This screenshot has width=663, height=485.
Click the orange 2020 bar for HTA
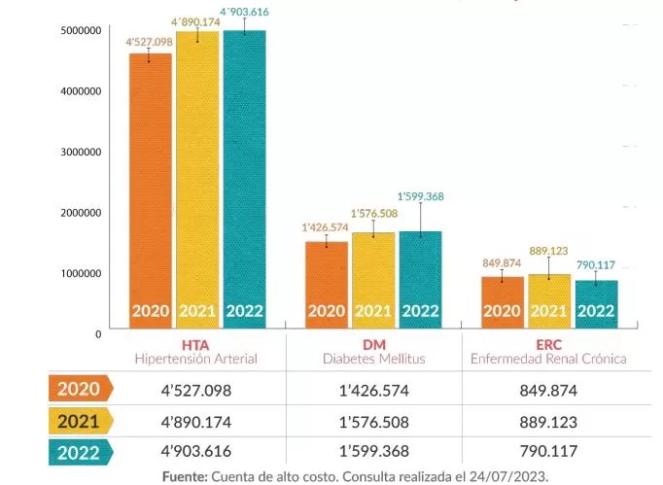click(x=151, y=191)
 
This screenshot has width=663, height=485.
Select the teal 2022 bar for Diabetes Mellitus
click(x=420, y=280)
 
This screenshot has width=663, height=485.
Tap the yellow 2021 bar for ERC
click(x=549, y=301)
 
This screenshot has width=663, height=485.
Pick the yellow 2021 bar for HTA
click(x=197, y=180)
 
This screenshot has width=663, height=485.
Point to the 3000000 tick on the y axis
click(x=81, y=153)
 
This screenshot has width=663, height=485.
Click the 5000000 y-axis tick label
click(x=81, y=30)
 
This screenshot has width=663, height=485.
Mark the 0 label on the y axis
click(x=98, y=334)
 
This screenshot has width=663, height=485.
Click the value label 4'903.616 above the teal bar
click(x=244, y=12)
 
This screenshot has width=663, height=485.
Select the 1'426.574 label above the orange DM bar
click(x=325, y=227)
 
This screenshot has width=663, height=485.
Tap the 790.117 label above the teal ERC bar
click(x=596, y=265)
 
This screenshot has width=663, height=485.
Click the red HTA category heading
click(x=195, y=345)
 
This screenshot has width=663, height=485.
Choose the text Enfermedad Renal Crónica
click(x=548, y=359)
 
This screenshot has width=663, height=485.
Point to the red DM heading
click(x=374, y=345)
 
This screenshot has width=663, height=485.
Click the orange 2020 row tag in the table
click(x=82, y=388)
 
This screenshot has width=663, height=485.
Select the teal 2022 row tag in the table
click(x=82, y=453)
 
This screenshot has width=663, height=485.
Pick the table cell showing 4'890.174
click(x=196, y=422)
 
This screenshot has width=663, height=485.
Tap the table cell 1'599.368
click(x=374, y=451)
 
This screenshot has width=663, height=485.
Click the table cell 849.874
click(x=548, y=391)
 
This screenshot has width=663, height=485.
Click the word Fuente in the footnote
click(x=185, y=476)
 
